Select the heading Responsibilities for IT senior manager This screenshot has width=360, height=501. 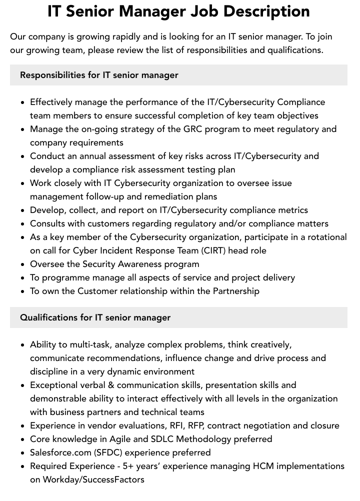tap(99, 75)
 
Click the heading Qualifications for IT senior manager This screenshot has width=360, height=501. tap(95, 317)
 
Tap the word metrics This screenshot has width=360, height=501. tap(290, 210)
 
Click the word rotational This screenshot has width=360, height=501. tap(321, 237)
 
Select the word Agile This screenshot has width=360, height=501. tap(127, 439)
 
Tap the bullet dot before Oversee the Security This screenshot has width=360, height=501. tap(22, 264)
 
